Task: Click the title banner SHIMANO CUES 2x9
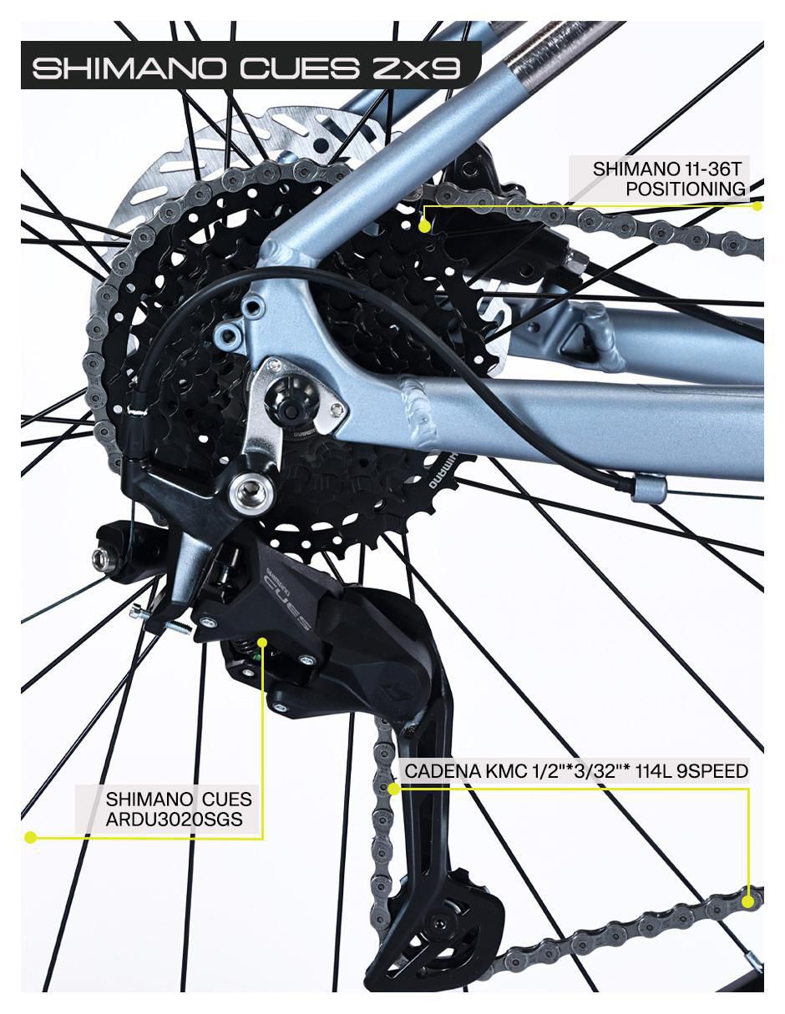247,68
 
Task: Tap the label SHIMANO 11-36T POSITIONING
668,179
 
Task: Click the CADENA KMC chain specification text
576,770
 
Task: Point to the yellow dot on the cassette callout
423,227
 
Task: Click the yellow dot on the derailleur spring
262,643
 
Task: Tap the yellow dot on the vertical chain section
394,789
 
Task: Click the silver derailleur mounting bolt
253,490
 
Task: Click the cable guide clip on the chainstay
648,488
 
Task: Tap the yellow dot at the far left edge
30,837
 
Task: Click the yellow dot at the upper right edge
757,206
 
